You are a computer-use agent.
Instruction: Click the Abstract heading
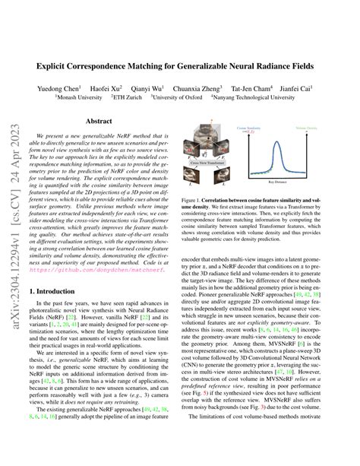tap(99, 121)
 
